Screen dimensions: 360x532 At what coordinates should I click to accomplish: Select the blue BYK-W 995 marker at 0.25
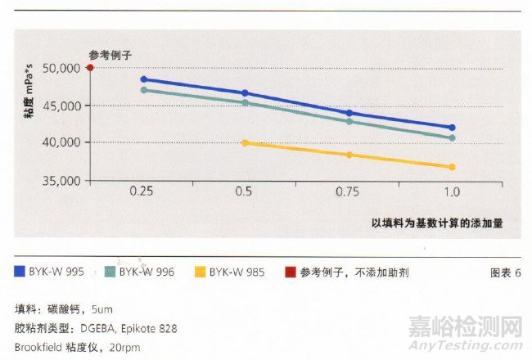tap(144, 79)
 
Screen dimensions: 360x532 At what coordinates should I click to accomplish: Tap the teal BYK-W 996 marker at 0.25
tap(144, 90)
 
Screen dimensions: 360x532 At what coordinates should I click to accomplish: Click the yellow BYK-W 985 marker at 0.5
tap(245, 143)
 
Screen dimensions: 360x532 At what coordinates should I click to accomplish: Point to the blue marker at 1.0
tap(452, 128)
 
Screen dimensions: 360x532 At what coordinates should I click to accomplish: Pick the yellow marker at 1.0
tap(452, 167)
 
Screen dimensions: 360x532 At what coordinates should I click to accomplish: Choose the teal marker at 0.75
tap(349, 121)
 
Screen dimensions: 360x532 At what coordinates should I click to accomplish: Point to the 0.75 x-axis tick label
tap(349, 192)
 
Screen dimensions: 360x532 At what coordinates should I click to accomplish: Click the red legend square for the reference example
tap(289, 272)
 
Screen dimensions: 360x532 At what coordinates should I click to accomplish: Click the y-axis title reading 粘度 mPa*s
tap(28, 106)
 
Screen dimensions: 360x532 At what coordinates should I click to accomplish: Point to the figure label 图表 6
tap(504, 272)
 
